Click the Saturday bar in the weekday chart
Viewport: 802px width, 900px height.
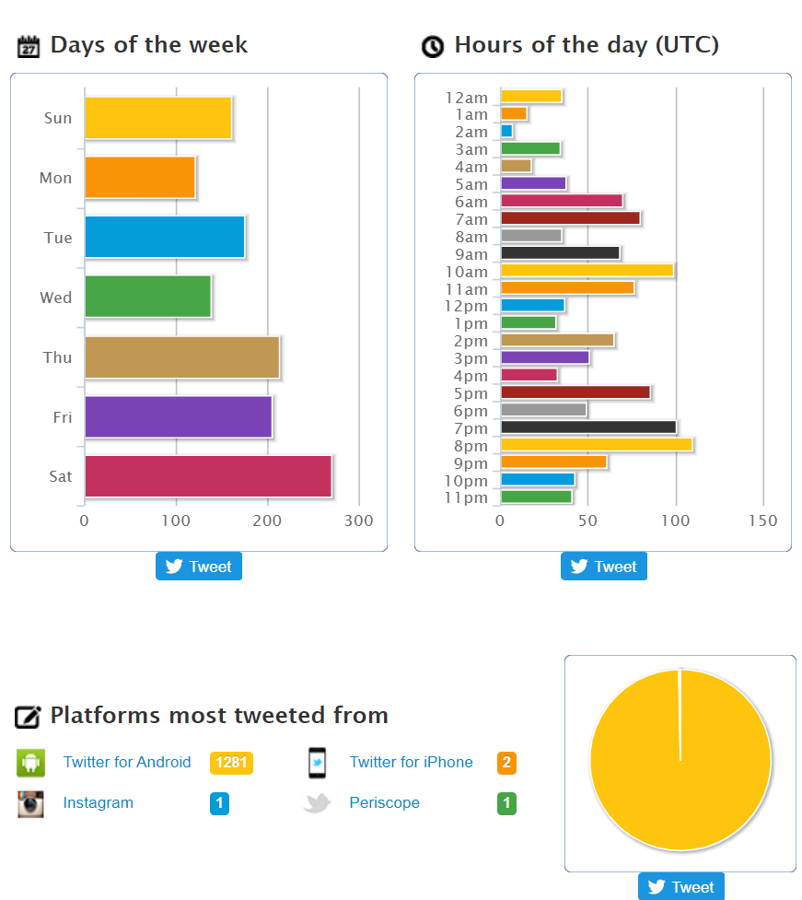(x=207, y=476)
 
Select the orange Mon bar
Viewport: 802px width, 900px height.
(x=140, y=178)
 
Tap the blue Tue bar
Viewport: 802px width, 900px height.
(x=164, y=237)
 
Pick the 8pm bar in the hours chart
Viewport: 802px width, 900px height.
(x=596, y=445)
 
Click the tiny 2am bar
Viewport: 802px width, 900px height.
(x=506, y=132)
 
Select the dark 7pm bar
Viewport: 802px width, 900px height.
(x=587, y=427)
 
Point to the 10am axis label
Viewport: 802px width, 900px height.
(x=466, y=272)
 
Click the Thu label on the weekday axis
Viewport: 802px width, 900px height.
(x=57, y=357)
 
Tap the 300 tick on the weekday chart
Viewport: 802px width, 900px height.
(x=358, y=521)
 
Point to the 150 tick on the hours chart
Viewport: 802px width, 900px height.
(x=762, y=521)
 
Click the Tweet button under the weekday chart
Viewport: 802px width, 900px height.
(x=199, y=567)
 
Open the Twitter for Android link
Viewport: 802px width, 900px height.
(x=127, y=762)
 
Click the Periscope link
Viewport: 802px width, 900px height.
(x=384, y=802)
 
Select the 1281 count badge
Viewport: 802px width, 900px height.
(x=231, y=763)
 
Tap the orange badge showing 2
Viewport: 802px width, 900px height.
(x=506, y=763)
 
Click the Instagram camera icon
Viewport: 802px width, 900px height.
(x=31, y=804)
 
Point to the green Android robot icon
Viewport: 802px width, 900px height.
(x=31, y=763)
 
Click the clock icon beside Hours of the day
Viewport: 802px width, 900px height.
(x=432, y=46)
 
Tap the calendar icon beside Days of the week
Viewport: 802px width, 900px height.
(x=29, y=46)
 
